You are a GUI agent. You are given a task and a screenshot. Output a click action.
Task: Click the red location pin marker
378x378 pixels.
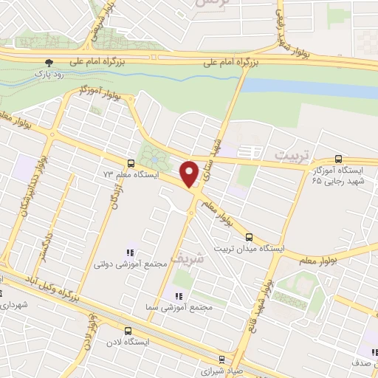click(x=190, y=173)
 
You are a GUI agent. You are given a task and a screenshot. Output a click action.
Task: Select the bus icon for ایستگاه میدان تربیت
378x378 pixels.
click(x=249, y=238)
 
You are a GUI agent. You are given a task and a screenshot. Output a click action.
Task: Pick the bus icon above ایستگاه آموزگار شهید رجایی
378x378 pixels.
click(x=338, y=158)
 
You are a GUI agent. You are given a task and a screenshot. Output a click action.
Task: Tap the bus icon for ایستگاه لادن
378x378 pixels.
click(x=128, y=331)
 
